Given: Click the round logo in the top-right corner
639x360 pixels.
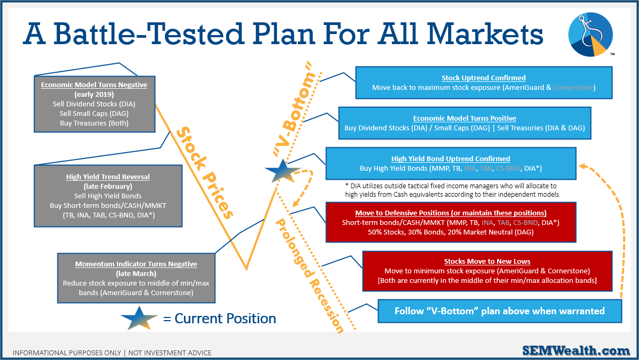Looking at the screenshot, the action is coord(591,34).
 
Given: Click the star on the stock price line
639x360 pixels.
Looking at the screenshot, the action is coord(283,171).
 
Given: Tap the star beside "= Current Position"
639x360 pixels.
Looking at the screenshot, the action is coord(139,319).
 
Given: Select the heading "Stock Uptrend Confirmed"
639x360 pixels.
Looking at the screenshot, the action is coord(484,78).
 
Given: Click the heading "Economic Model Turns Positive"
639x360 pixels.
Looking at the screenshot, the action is coord(465,118).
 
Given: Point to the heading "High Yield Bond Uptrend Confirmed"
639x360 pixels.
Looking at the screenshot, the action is coord(450,158).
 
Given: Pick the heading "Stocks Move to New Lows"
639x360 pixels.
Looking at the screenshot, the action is coord(487,261).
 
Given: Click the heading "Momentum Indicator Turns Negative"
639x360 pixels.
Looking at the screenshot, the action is coord(136,264).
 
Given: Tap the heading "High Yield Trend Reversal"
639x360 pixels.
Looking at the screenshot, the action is coord(108,177).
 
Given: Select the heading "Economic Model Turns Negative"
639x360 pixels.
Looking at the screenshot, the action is coord(94,85).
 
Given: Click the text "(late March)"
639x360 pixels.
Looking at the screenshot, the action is coord(136,273).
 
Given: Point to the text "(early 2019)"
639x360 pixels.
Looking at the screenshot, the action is coord(94,95).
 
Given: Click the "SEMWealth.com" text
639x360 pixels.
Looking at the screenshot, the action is coord(576,350).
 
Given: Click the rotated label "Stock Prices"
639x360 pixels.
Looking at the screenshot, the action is coord(205,173).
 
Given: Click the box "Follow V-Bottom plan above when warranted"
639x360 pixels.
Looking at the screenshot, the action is coord(500,311).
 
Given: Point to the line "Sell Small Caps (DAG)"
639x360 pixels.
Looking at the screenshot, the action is coord(94,114).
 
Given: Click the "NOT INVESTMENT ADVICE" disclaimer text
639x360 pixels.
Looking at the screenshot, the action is coord(170,353).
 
